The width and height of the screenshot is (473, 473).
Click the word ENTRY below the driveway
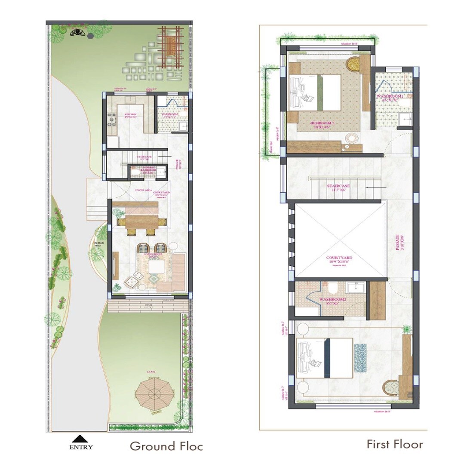81,447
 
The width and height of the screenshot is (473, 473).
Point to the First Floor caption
395,444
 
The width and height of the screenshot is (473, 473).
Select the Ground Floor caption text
166,446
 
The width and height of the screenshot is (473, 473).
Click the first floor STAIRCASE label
338,186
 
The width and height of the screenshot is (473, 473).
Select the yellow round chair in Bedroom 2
353,64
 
